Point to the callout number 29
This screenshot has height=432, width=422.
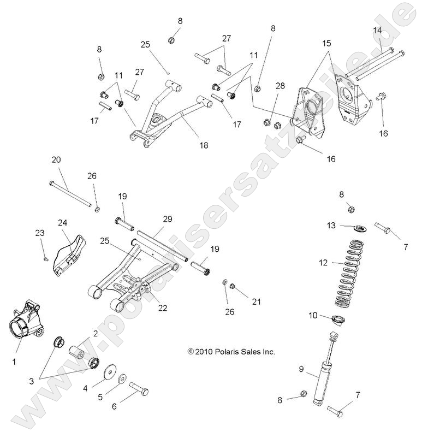coord(167,218)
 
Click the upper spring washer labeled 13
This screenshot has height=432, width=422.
coord(346,226)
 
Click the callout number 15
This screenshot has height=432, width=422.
coord(326,42)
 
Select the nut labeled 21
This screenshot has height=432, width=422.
coord(233,285)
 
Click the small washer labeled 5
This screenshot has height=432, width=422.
coord(122,378)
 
